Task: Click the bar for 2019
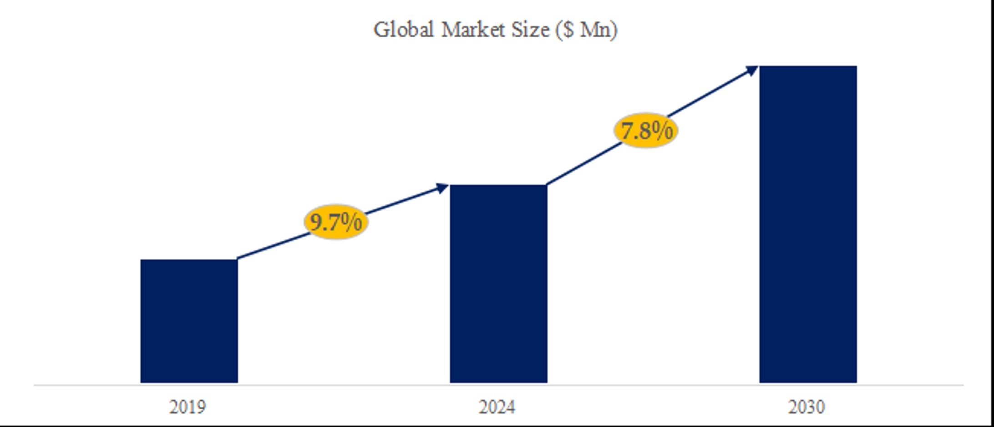tap(189, 321)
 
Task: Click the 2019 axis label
tap(188, 407)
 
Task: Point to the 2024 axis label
tap(497, 407)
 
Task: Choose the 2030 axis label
tap(806, 407)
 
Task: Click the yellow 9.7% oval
tap(336, 222)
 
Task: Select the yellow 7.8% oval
tap(646, 131)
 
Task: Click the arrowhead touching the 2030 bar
tap(752, 70)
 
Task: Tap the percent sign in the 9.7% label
tap(351, 221)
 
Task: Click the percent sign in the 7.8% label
tap(661, 130)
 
